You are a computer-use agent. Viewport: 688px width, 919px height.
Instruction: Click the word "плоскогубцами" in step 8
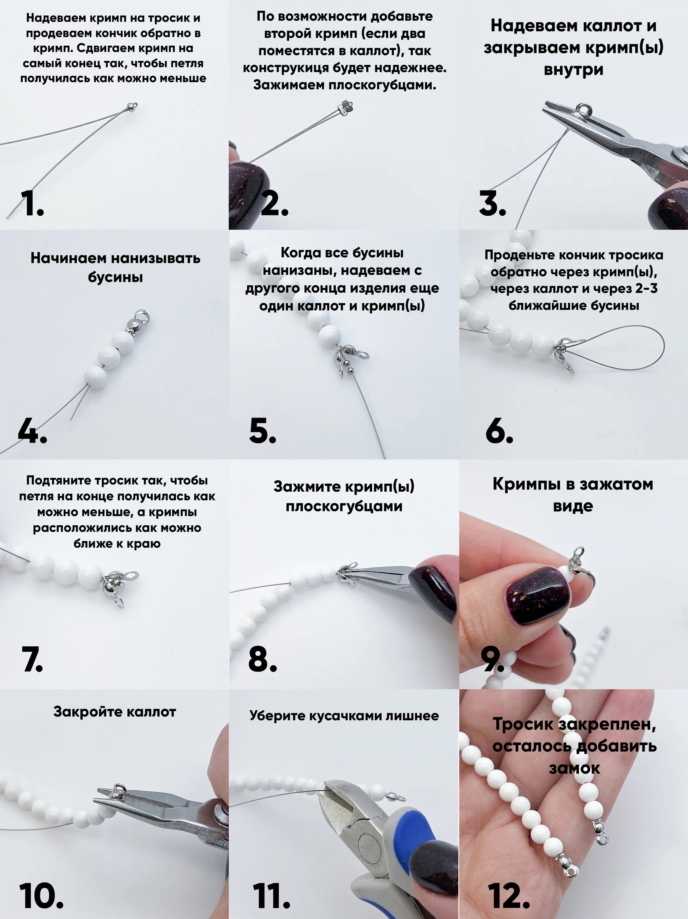(x=344, y=506)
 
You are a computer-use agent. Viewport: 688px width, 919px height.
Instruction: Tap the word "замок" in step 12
(x=574, y=768)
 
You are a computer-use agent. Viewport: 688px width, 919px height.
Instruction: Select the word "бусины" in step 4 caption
(x=115, y=277)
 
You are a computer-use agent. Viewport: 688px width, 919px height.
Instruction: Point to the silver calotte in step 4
(x=139, y=322)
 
